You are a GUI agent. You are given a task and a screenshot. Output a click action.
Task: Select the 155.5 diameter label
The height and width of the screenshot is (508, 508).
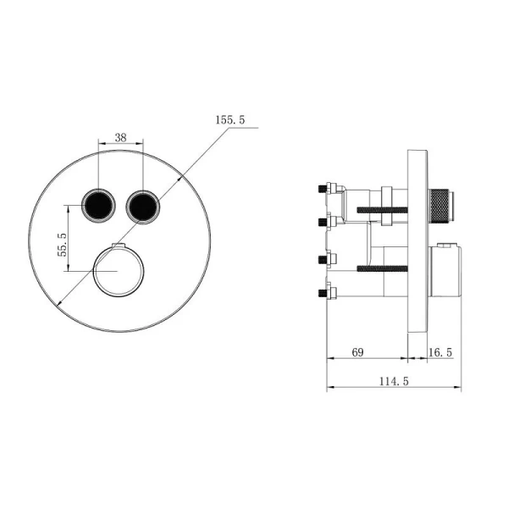[230, 121]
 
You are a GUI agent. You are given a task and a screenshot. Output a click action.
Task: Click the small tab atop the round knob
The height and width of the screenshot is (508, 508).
[118, 246]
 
